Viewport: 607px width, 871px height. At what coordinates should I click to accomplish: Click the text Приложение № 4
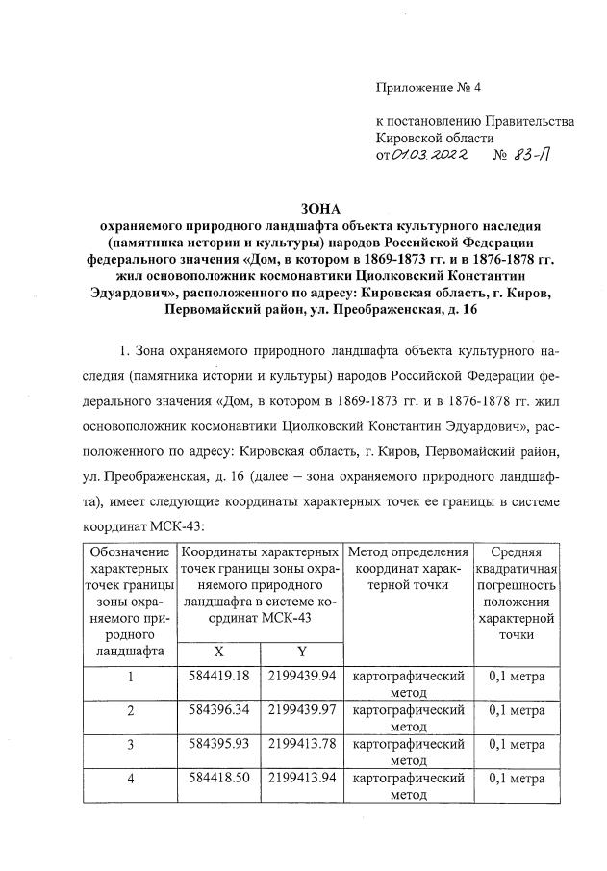(x=427, y=88)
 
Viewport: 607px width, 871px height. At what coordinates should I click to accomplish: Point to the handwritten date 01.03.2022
(x=428, y=157)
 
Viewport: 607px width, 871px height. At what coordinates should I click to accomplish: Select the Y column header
(x=302, y=652)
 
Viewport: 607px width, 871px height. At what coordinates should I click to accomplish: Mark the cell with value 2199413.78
(x=302, y=744)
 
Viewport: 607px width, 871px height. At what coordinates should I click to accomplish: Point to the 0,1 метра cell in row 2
(x=516, y=710)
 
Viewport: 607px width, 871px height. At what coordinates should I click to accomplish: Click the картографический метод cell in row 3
(x=409, y=752)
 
